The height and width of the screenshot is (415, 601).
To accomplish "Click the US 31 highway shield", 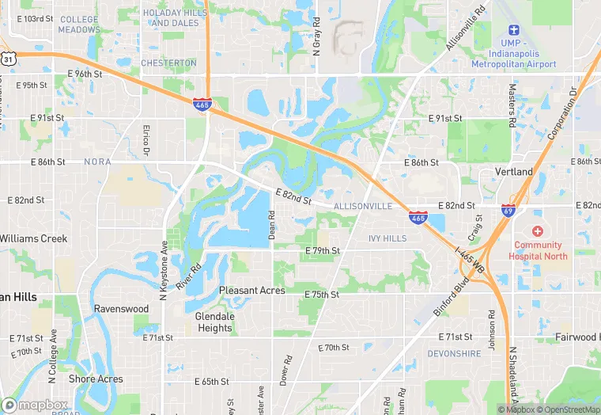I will click(x=8, y=59).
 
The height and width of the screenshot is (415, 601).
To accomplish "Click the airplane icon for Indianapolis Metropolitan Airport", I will click(x=513, y=29).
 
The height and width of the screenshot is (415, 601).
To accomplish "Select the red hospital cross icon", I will click(x=538, y=231).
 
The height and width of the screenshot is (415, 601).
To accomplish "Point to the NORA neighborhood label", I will click(x=96, y=162).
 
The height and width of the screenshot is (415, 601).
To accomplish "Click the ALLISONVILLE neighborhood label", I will click(x=363, y=206).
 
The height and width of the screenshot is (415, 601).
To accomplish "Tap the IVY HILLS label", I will click(x=387, y=238).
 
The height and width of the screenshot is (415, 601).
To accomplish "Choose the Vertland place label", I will click(x=515, y=172).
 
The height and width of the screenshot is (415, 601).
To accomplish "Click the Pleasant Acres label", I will click(x=251, y=291).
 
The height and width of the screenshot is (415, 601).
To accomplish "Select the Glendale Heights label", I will click(x=214, y=322).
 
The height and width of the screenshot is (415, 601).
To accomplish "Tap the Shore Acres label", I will click(x=96, y=379).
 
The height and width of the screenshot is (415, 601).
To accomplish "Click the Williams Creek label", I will click(x=34, y=238).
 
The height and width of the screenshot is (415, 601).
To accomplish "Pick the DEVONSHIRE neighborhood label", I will click(x=453, y=353).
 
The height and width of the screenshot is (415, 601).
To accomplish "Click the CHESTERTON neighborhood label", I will click(x=168, y=63).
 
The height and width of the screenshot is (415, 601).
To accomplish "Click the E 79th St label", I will click(x=323, y=251).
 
